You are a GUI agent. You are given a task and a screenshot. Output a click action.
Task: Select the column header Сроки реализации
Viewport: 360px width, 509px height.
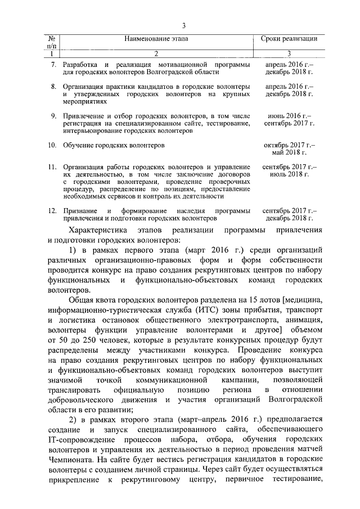point(289,39)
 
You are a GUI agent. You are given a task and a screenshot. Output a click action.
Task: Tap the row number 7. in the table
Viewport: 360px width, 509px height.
point(54,65)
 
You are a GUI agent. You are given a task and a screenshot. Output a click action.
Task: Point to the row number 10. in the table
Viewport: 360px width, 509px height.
point(52,145)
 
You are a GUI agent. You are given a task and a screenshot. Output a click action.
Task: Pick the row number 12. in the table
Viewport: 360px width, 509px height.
point(52,210)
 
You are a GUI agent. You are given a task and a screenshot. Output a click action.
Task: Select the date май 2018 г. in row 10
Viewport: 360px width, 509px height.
point(290,152)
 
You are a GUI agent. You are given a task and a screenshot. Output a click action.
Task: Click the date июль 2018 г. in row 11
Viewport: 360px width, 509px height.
point(290,175)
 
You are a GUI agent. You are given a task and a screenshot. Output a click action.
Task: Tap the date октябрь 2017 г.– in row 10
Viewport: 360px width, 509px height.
point(290,145)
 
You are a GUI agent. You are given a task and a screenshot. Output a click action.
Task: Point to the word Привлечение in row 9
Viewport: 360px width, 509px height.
point(84,115)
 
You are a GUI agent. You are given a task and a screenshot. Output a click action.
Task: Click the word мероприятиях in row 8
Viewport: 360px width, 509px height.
point(84,102)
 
